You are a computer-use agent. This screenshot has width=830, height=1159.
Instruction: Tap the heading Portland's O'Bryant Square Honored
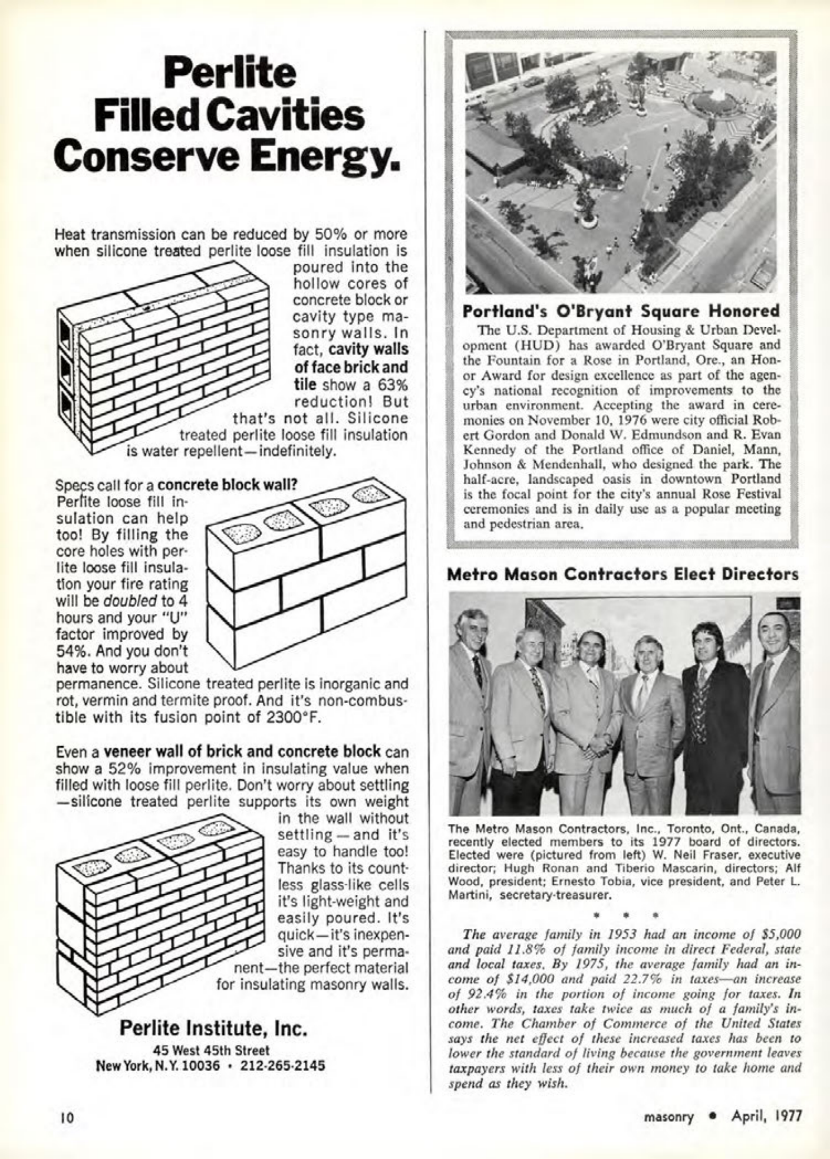(621, 311)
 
